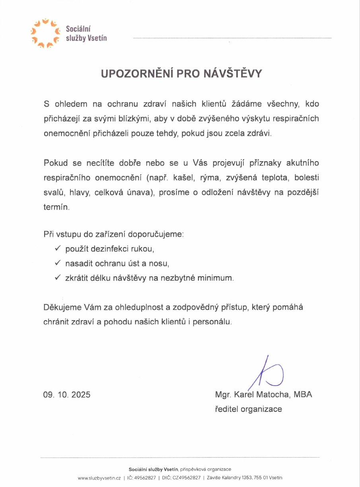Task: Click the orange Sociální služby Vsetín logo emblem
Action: coord(45,33)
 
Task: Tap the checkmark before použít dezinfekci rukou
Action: coord(57,249)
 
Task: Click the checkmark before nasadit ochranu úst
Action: coord(57,263)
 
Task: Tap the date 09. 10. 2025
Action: coord(67,395)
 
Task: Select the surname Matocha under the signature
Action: coord(275,395)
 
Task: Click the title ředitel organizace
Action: coord(248,409)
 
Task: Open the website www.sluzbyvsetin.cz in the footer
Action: coord(99,478)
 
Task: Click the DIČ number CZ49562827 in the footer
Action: coord(187,478)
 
